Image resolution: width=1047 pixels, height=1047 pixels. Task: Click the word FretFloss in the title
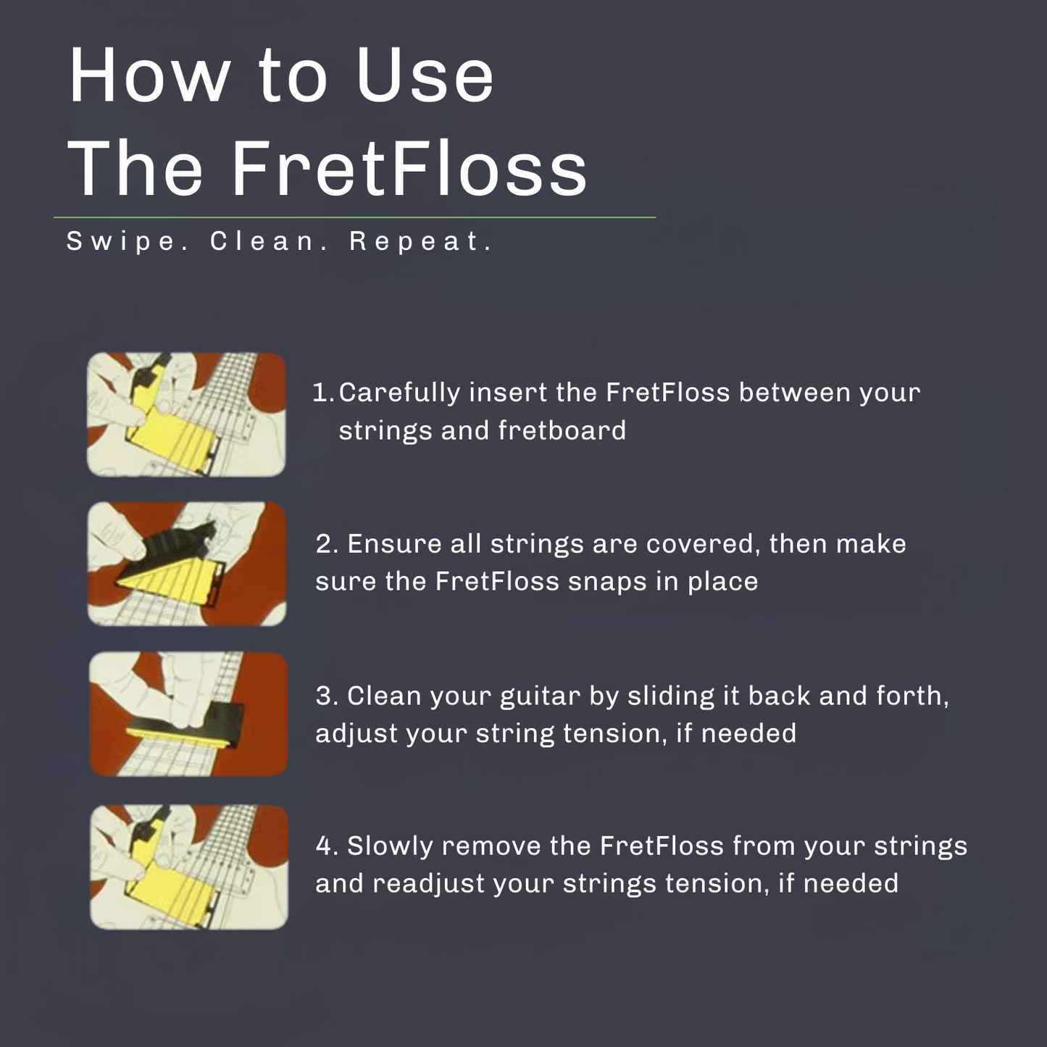(x=409, y=168)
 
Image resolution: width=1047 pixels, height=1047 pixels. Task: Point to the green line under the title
(x=354, y=217)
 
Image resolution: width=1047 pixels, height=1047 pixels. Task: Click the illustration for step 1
(x=186, y=414)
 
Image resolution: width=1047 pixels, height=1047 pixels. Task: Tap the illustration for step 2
(x=187, y=564)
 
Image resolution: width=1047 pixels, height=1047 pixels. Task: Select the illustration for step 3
(x=188, y=714)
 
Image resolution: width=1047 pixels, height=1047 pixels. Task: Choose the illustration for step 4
(x=189, y=867)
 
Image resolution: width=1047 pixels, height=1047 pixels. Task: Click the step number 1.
(x=320, y=393)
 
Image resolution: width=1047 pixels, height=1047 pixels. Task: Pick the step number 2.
(x=326, y=544)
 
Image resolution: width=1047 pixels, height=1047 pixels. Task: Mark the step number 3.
(x=326, y=696)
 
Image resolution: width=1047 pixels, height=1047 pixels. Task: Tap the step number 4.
(x=326, y=846)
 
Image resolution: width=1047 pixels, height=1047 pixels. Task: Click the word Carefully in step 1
(x=399, y=393)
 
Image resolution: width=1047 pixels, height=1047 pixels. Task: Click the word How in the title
(x=149, y=75)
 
